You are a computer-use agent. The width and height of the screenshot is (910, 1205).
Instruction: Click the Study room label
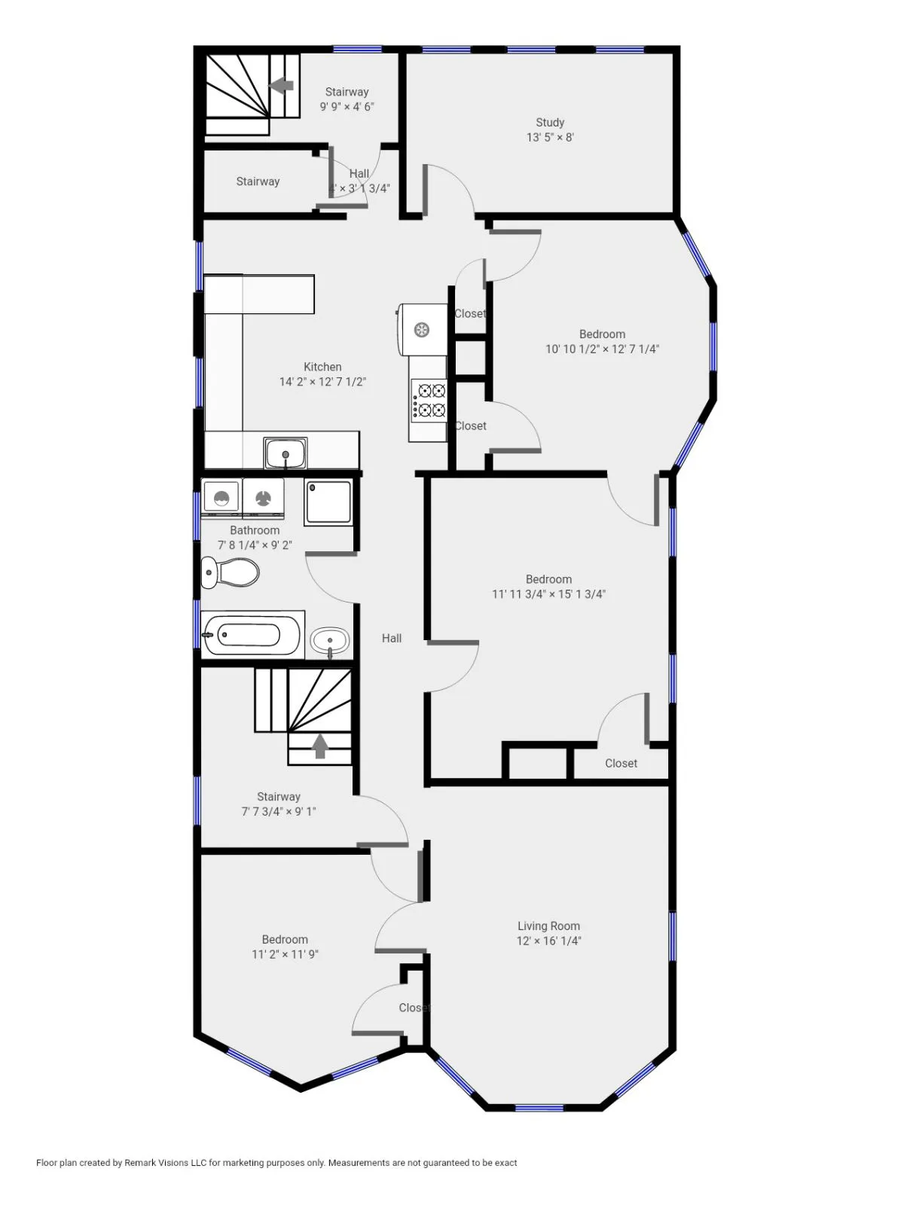[550, 122]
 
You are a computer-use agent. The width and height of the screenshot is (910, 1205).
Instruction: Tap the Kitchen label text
[322, 367]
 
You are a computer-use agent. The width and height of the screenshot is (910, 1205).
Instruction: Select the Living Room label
[548, 926]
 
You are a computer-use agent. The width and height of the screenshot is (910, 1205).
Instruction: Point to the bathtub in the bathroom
[252, 636]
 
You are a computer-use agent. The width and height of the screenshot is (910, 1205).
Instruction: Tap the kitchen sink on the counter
[286, 453]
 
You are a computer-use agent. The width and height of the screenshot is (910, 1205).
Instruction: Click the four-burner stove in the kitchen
[428, 400]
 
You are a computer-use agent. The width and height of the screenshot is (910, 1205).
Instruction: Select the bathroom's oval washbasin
[330, 642]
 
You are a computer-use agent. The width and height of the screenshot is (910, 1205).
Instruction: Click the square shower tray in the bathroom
[328, 502]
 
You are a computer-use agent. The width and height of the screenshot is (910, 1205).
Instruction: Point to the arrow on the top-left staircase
[282, 85]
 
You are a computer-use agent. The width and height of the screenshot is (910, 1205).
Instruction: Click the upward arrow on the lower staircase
[320, 746]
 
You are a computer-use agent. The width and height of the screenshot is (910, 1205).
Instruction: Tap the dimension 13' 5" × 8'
[550, 137]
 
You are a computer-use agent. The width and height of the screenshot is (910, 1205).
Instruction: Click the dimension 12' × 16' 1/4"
[548, 941]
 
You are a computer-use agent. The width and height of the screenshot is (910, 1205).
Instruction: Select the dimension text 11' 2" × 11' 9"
[285, 954]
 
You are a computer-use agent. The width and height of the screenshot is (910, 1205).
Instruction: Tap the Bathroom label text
[255, 530]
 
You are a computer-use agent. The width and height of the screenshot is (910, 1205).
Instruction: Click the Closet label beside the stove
[471, 426]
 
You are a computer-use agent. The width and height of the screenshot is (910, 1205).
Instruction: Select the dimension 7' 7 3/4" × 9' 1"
[279, 811]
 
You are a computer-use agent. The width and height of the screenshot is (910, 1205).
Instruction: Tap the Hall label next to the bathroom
[392, 638]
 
